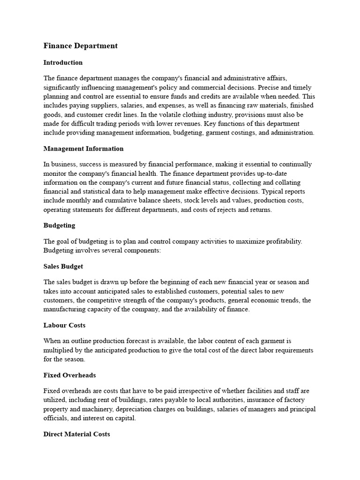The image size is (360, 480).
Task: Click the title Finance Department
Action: coord(80,45)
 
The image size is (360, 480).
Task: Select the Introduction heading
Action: coord(63,62)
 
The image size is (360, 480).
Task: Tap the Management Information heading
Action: coord(83,149)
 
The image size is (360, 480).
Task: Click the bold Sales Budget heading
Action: coord(63,266)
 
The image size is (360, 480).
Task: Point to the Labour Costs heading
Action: coord(64,325)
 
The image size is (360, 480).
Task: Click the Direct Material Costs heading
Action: coord(77,434)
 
